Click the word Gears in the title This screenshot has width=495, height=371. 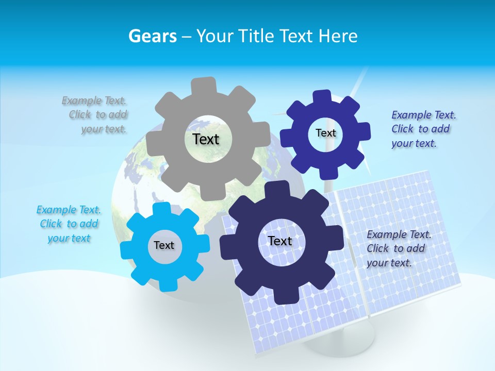[152, 36]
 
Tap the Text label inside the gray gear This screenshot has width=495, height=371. [206, 139]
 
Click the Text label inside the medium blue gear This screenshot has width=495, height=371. [325, 133]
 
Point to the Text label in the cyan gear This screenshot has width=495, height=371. [164, 245]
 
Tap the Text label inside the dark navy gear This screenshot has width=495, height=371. [280, 241]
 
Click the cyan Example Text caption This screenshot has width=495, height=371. [68, 224]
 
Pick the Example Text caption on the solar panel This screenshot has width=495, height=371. [398, 248]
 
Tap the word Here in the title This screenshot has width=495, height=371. [338, 36]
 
